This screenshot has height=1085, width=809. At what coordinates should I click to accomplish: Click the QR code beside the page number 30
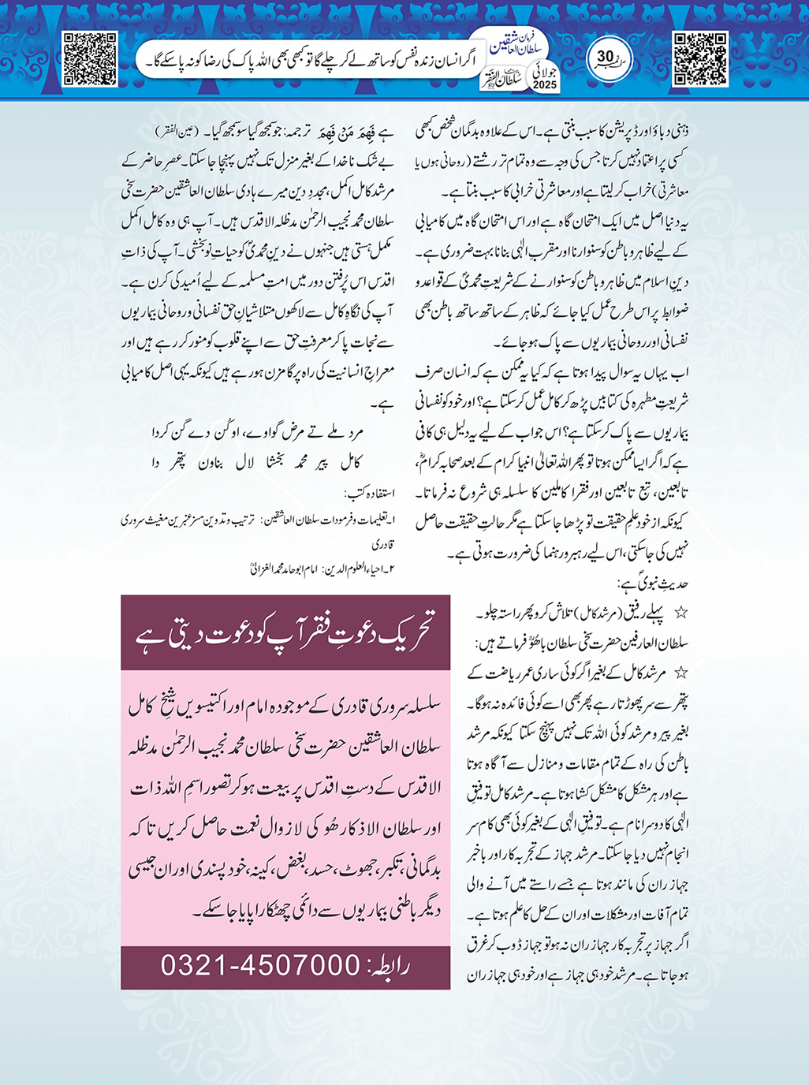tap(700, 58)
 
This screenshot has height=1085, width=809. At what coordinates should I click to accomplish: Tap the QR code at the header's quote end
tap(90, 58)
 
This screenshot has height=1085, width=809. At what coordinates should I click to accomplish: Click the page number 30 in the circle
tap(606, 57)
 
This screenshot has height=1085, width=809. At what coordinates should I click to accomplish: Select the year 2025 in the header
tap(544, 84)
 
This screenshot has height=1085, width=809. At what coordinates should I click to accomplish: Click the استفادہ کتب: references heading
tap(368, 494)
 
